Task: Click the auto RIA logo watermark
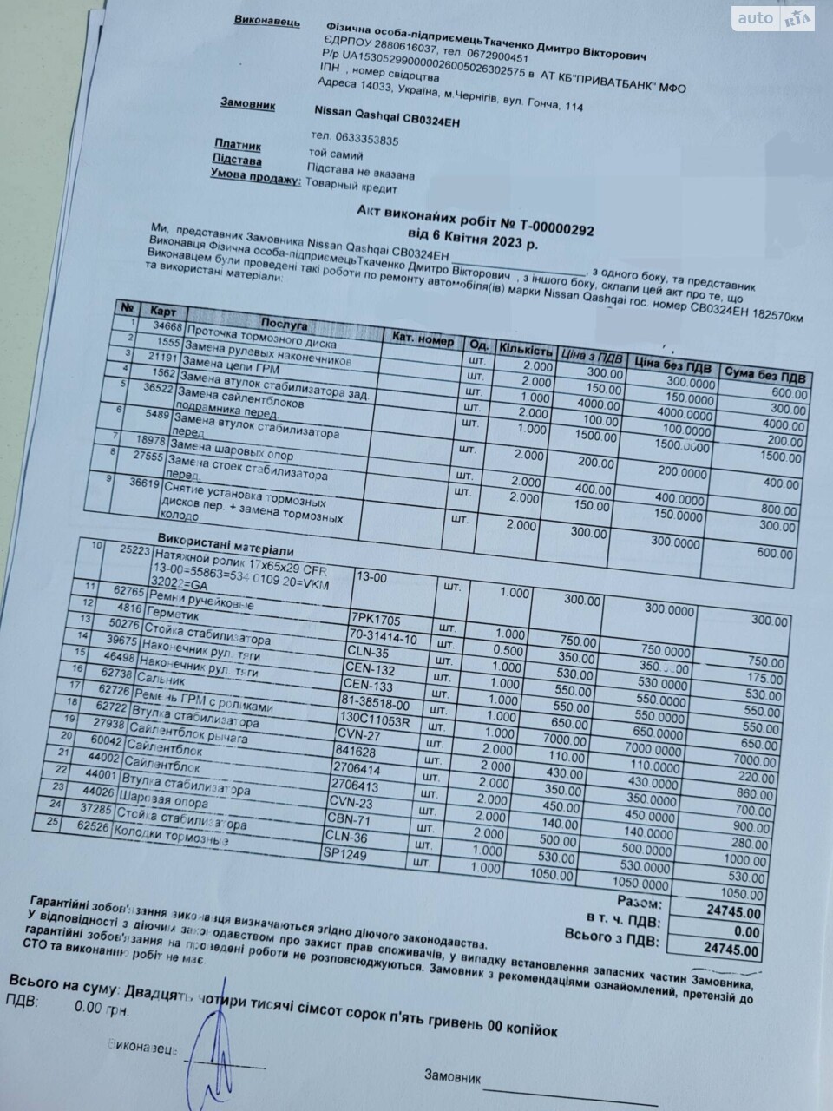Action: [772, 16]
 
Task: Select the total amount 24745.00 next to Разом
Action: [734, 913]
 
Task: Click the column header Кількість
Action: [525, 351]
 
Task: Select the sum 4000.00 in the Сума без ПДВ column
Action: [784, 424]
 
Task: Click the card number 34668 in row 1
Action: [167, 326]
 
